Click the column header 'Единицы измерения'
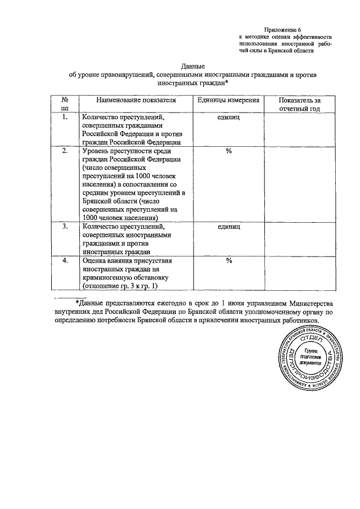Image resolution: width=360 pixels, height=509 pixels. coord(229,100)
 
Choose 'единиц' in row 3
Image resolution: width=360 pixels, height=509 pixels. coord(228,226)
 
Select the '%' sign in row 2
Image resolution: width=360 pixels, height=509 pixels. coord(228,151)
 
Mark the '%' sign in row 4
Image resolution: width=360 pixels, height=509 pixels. coord(228,260)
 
